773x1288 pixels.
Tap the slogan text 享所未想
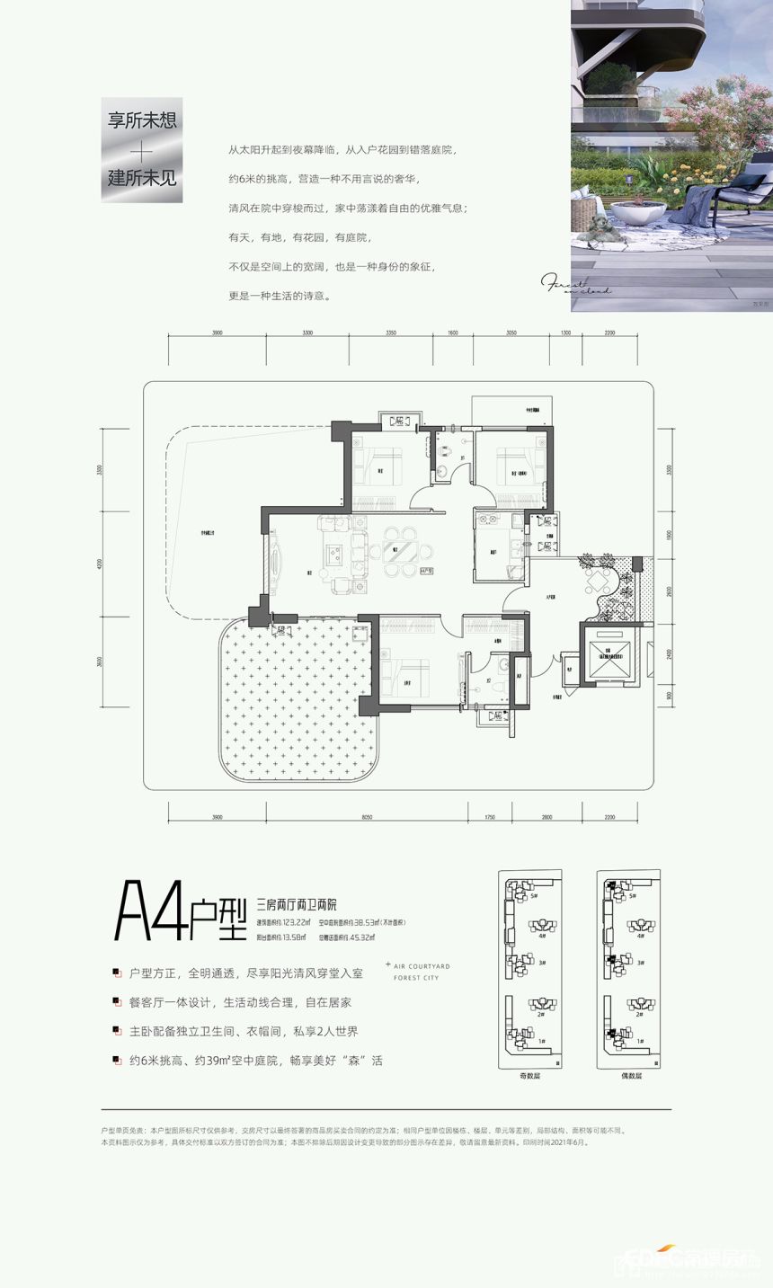click(142, 120)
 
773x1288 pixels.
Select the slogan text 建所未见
click(142, 176)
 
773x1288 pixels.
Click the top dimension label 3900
click(217, 333)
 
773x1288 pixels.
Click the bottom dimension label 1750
click(490, 817)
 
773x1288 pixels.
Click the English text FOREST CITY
click(416, 978)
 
